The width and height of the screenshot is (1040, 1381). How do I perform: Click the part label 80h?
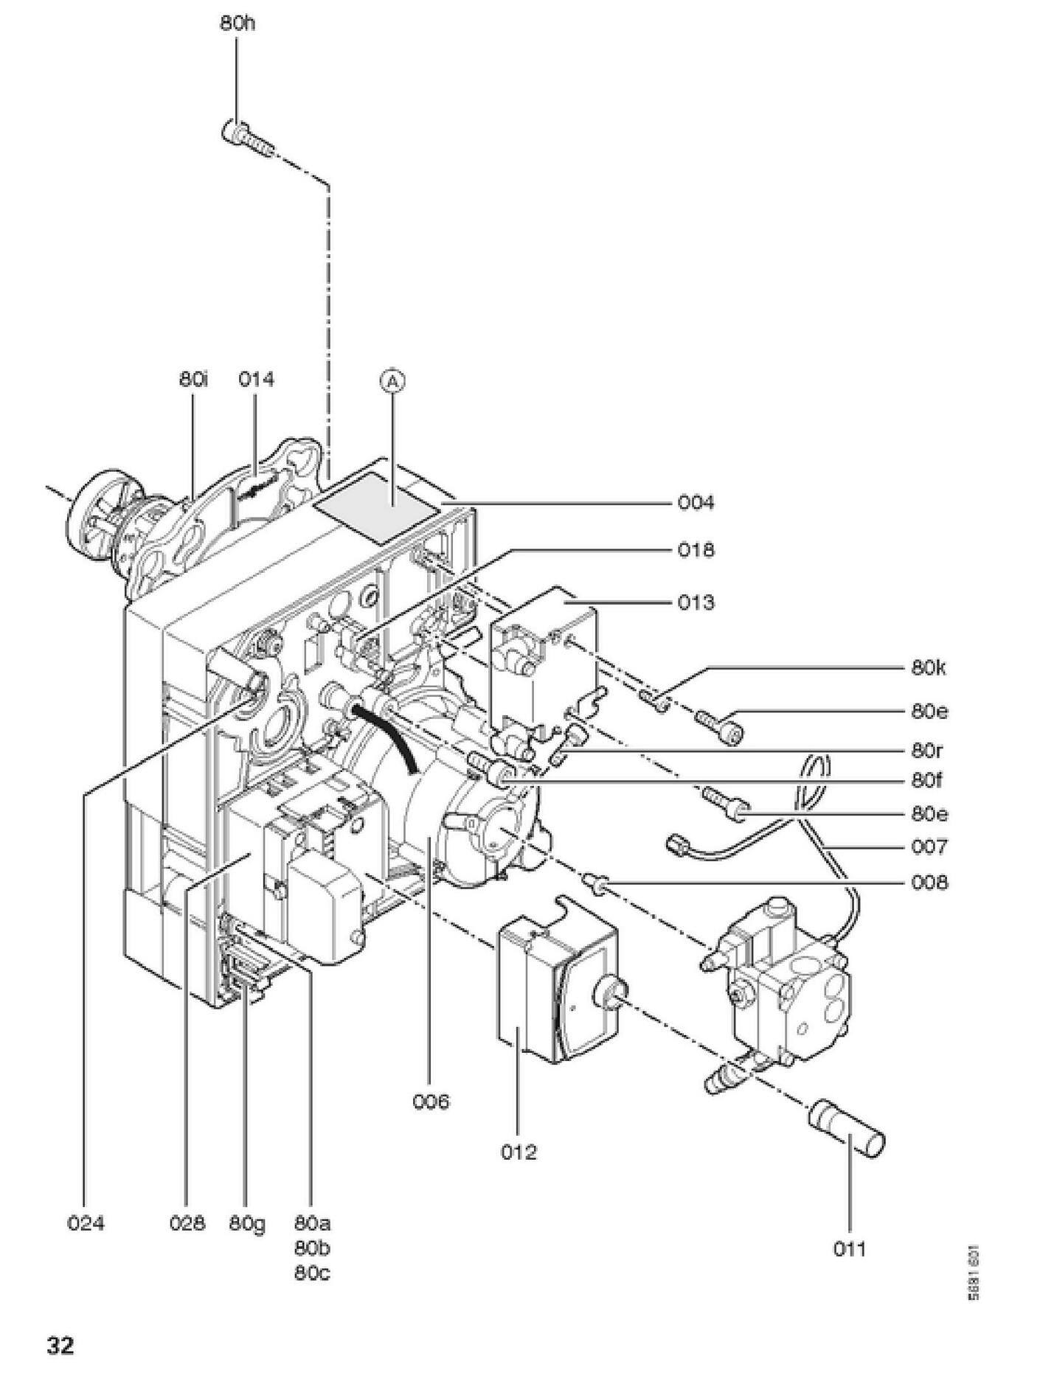[x=237, y=24]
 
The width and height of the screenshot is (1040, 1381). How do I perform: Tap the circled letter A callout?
[x=392, y=380]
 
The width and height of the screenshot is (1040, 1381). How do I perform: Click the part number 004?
[x=696, y=503]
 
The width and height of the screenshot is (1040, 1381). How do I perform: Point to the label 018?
[x=696, y=550]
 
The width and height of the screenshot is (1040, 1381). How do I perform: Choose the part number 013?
[x=696, y=602]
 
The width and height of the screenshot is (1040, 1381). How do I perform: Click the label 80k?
[x=929, y=668]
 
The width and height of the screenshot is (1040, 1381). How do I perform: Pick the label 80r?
[x=927, y=751]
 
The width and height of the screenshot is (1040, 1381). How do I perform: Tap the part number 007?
[x=929, y=846]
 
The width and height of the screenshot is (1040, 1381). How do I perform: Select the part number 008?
[x=929, y=882]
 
